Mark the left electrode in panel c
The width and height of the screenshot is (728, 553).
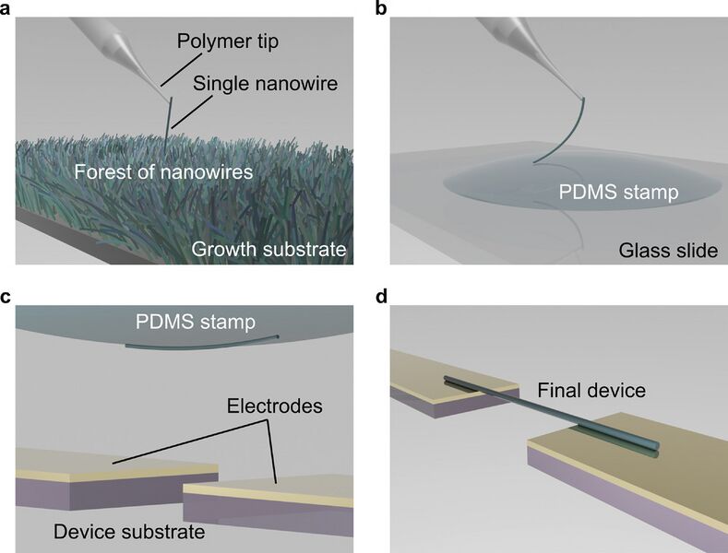click(101, 465)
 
